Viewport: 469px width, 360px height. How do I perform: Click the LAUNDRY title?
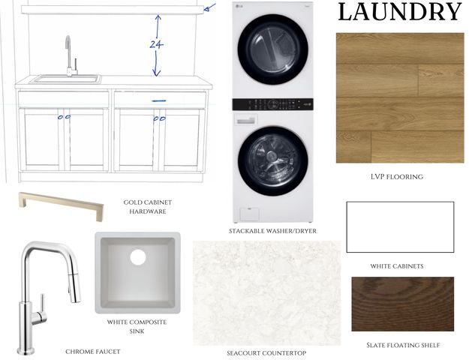click(x=400, y=12)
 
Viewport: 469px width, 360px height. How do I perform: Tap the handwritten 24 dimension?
click(x=156, y=44)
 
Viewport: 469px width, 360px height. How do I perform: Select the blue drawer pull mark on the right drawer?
click(x=159, y=100)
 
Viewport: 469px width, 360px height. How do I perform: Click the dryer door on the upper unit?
click(x=273, y=49)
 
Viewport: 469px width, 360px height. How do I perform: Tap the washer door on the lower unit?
click(x=273, y=160)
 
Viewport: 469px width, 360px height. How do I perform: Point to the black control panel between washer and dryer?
click(x=273, y=104)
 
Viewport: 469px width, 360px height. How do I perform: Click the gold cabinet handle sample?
click(x=61, y=205)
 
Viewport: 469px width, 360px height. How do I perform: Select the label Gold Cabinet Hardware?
click(x=148, y=207)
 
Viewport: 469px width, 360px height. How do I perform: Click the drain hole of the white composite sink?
click(x=138, y=257)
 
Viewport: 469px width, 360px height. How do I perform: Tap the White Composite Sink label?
click(x=137, y=326)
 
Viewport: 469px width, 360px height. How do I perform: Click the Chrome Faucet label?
click(x=93, y=352)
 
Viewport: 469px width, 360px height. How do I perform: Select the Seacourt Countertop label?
click(x=266, y=353)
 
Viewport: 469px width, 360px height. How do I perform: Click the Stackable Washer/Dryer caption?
click(x=272, y=231)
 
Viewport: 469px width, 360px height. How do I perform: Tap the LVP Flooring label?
click(x=397, y=177)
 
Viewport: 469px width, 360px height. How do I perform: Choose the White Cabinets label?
click(x=397, y=266)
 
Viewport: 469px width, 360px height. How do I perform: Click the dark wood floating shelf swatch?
click(x=403, y=304)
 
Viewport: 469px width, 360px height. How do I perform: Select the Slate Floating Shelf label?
click(x=403, y=345)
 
